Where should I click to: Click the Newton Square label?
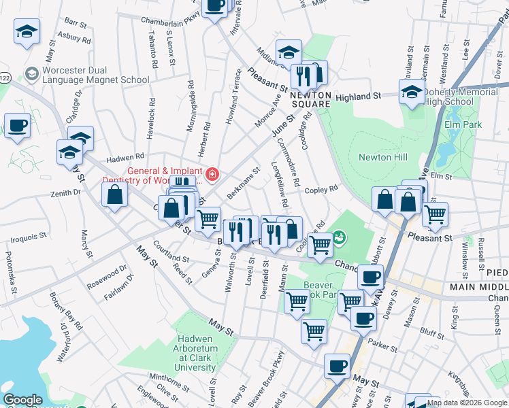click(311, 99)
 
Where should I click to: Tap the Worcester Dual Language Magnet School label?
click(95, 75)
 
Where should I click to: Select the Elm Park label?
click(463, 124)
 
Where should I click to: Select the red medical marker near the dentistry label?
click(212, 175)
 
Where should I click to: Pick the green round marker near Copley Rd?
click(339, 237)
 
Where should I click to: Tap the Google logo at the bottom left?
click(22, 400)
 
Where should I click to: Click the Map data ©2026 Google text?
click(467, 403)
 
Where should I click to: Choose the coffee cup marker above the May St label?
click(337, 366)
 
